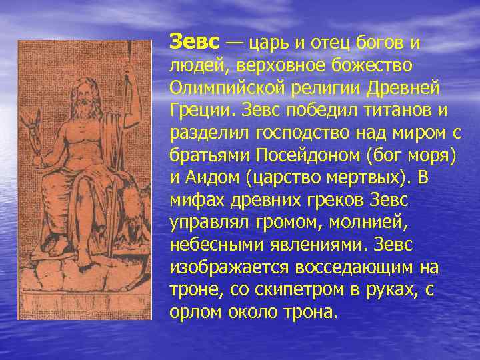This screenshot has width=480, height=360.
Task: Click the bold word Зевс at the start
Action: pyautogui.click(x=194, y=42)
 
